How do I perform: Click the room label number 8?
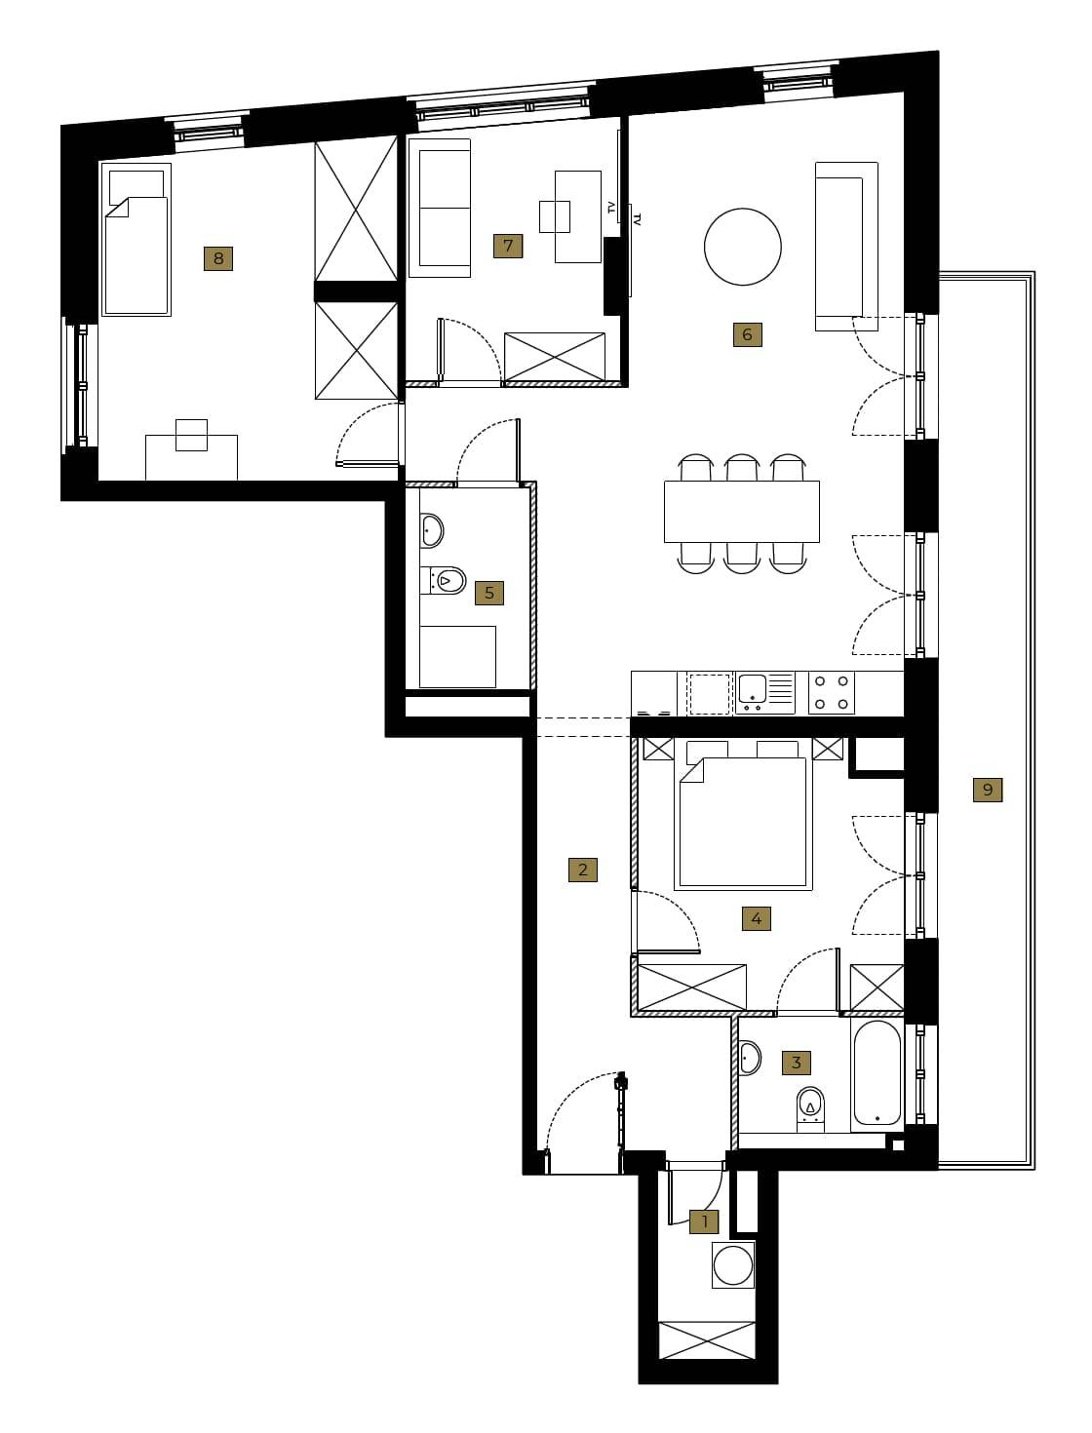(x=218, y=258)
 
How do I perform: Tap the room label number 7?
(x=507, y=246)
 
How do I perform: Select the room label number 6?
(x=748, y=335)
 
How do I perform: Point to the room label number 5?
(x=488, y=593)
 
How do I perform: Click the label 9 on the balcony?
(x=988, y=790)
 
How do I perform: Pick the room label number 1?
(x=704, y=1220)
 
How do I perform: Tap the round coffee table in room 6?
(x=742, y=247)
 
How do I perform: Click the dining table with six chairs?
(x=742, y=512)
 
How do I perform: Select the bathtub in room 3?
(x=877, y=1073)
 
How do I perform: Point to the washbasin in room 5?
(x=431, y=530)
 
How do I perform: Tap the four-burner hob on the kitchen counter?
(x=832, y=693)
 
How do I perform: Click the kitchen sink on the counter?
(x=765, y=693)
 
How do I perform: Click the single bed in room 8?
(x=136, y=240)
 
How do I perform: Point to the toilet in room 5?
(x=443, y=580)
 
